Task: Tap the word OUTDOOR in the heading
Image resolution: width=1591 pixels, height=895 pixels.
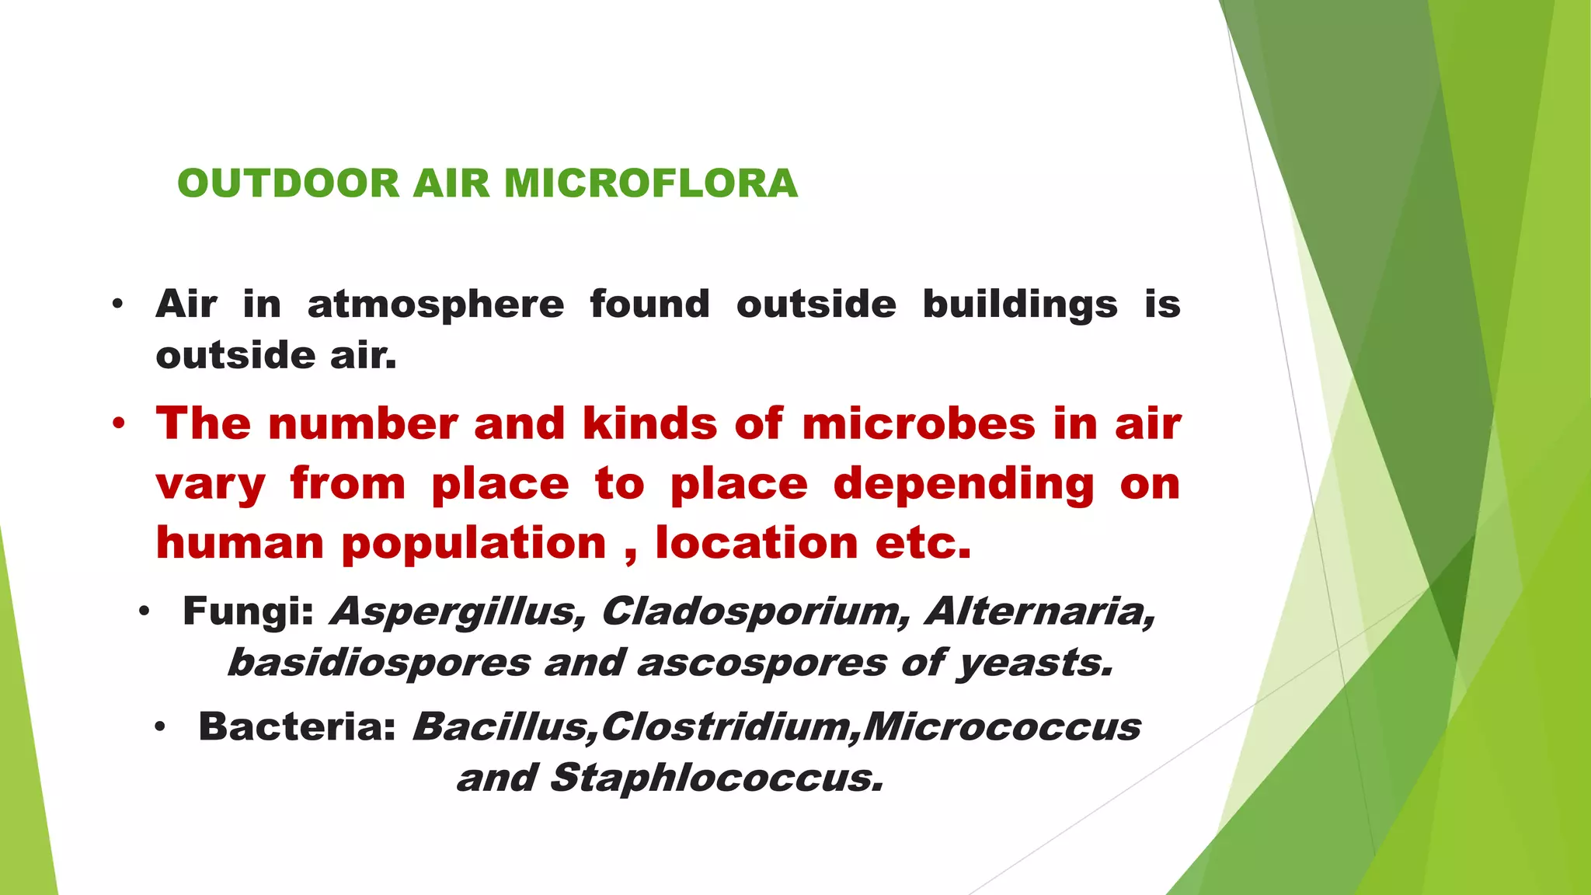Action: click(288, 184)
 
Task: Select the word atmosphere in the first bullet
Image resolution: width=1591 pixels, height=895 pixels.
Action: click(436, 305)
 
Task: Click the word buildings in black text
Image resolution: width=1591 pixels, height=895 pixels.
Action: click(1020, 305)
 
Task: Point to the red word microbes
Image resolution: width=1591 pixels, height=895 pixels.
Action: click(918, 424)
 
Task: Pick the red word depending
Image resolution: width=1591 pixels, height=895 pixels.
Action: click(963, 484)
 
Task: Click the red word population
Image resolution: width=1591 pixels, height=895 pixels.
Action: click(474, 543)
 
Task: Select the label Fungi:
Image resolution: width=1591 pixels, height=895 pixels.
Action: click(248, 611)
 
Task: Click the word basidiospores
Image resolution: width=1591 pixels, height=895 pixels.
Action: click(379, 663)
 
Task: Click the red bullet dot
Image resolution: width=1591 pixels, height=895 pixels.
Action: click(118, 424)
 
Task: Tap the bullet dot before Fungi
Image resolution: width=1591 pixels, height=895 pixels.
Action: click(144, 612)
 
